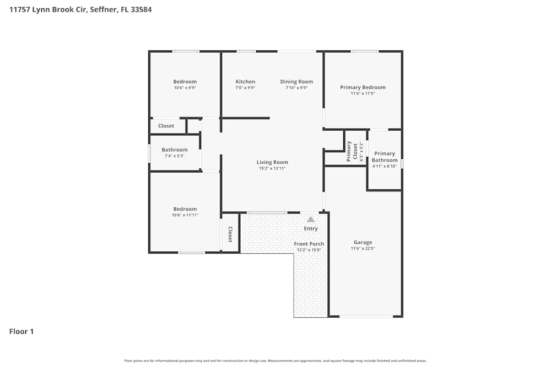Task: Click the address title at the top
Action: click(80, 9)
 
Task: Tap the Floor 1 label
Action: click(21, 332)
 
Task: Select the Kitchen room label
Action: click(245, 82)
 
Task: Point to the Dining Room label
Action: click(296, 82)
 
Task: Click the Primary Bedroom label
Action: click(363, 87)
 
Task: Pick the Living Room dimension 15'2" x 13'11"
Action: click(272, 168)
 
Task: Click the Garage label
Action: click(363, 242)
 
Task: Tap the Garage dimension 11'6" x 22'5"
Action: click(363, 248)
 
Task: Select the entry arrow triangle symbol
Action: click(311, 220)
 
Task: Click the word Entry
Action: click(311, 228)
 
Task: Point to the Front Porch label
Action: click(309, 244)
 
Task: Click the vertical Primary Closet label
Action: click(349, 151)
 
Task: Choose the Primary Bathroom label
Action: click(385, 157)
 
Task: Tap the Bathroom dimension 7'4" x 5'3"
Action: click(174, 156)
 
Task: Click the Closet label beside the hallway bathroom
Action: click(166, 126)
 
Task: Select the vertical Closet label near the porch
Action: click(230, 235)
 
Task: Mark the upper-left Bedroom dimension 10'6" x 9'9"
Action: click(185, 88)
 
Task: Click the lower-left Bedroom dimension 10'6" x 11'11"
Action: click(185, 215)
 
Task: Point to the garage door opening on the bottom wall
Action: click(366, 317)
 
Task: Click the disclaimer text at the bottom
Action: click(275, 361)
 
